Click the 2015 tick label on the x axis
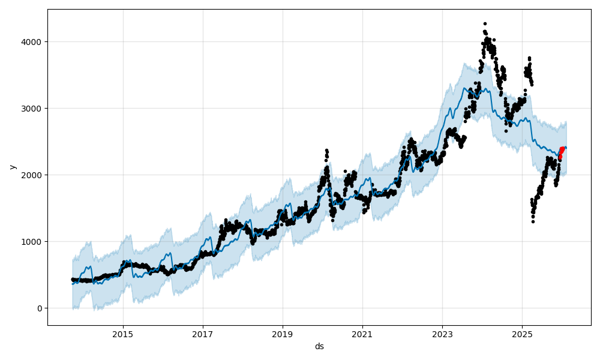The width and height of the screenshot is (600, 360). [123, 334]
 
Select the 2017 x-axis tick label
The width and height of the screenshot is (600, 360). [203, 334]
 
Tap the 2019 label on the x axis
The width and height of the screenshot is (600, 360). [283, 334]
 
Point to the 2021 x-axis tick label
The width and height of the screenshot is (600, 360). [362, 334]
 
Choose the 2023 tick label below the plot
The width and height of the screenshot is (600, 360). [442, 334]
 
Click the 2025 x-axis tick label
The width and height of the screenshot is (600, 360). [522, 334]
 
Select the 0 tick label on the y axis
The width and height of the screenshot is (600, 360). [39, 308]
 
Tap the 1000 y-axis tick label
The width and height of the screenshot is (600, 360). [33, 242]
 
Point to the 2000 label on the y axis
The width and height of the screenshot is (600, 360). [33, 175]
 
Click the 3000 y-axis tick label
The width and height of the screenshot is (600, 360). [33, 109]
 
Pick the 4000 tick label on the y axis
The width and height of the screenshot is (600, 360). [33, 42]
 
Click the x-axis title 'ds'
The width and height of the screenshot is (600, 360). [319, 346]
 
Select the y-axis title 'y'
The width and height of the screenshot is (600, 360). [11, 167]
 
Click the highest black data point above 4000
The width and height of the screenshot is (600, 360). [485, 24]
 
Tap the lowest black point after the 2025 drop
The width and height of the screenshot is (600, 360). [533, 221]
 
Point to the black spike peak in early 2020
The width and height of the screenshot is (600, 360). [326, 151]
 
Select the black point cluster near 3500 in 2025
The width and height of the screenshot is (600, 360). [528, 73]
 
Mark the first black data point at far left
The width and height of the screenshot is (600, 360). [73, 279]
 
